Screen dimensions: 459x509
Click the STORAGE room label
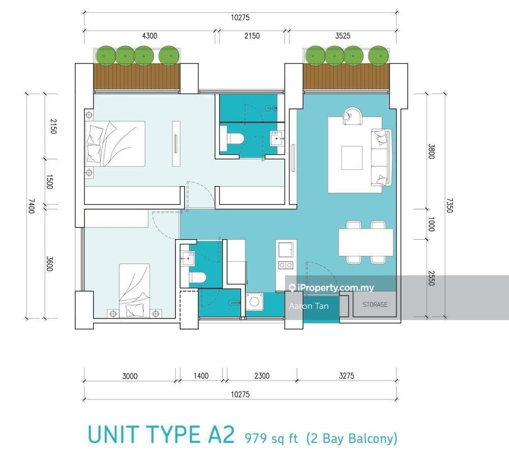375,305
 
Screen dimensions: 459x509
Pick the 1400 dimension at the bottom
201,376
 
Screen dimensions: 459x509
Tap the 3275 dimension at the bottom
346,376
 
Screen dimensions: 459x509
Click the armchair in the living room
352,116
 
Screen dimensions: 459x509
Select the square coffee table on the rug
352,158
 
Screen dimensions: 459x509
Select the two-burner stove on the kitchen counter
286,265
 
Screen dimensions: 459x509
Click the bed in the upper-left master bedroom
116,144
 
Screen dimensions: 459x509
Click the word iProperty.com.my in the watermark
335,288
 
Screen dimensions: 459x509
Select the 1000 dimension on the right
431,224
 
